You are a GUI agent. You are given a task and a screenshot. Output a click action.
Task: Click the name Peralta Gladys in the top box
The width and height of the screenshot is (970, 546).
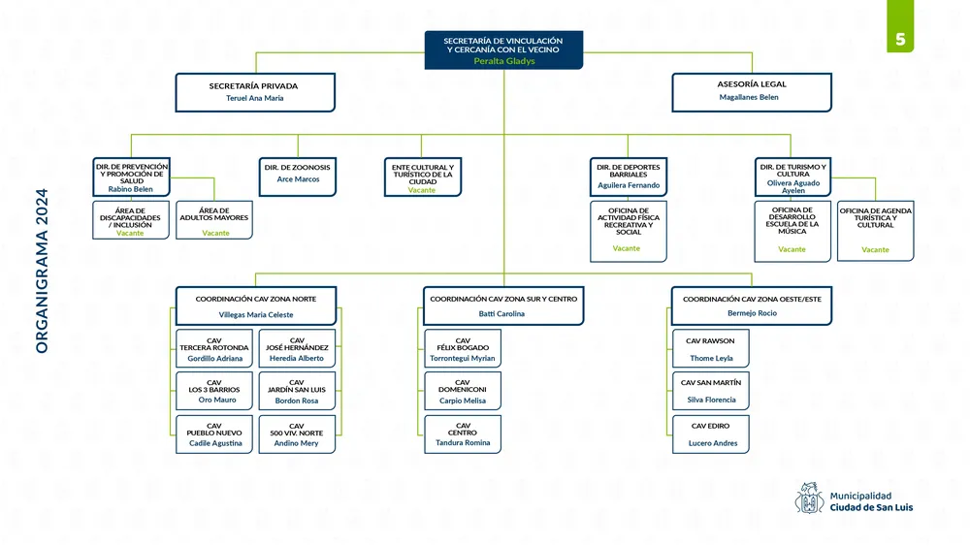[503, 60]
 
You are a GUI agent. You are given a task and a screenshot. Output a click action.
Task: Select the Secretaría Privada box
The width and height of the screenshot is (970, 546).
[255, 91]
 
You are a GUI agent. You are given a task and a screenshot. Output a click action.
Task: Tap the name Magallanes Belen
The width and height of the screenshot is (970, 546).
[749, 97]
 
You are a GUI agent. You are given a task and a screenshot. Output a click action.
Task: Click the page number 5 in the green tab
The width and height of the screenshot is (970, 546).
[901, 40]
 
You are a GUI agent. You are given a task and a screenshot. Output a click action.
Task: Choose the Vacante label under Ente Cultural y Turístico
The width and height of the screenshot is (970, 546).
[422, 190]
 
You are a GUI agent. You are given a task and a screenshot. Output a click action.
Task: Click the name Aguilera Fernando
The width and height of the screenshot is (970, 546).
[629, 185]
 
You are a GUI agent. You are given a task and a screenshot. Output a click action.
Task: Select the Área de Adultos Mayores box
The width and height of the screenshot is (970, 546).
[215, 219]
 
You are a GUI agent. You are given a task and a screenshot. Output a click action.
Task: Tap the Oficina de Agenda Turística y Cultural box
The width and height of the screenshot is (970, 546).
[875, 229]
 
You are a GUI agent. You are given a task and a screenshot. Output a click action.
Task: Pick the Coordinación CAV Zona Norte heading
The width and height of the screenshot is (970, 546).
[256, 299]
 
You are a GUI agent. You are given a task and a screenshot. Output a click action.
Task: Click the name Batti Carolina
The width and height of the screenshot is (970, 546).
[501, 314]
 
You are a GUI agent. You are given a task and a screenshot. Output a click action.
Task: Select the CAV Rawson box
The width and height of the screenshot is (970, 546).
[710, 348]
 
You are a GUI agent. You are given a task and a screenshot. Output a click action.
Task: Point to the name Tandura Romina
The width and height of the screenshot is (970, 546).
[463, 442]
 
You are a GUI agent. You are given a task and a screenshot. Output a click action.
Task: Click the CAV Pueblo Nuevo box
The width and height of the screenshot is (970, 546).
[214, 434]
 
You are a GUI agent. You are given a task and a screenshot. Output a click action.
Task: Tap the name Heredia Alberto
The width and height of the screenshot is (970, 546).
[297, 359]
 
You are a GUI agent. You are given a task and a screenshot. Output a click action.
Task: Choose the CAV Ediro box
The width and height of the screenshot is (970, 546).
[710, 434]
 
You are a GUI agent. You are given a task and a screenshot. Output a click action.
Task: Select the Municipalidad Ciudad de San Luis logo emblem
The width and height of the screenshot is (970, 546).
[809, 499]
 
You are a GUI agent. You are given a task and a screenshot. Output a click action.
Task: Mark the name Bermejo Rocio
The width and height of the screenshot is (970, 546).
[752, 313]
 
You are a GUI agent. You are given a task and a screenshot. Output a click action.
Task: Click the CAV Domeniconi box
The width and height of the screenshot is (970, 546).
[463, 391]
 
